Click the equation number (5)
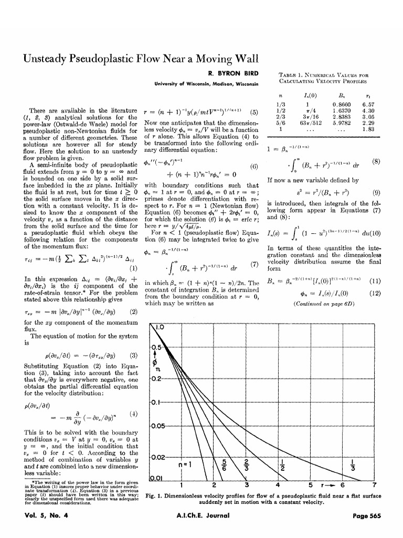(x=254, y=112)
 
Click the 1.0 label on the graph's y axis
(x=158, y=326)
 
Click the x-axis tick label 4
(x=278, y=484)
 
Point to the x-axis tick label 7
(x=374, y=484)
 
